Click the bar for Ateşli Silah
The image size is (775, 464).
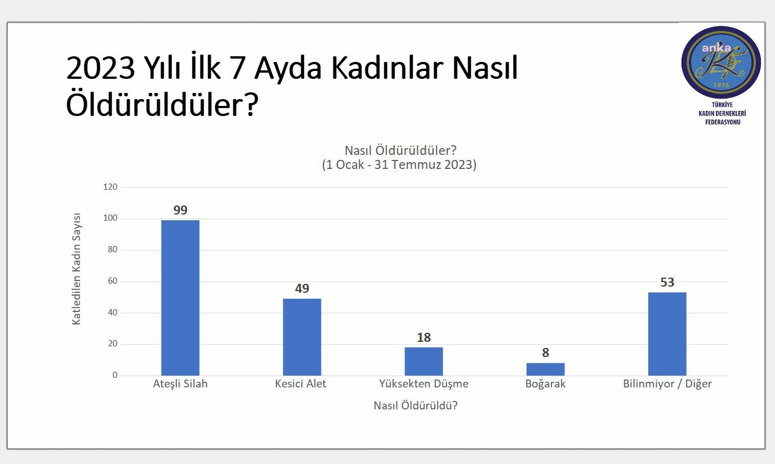[180, 297]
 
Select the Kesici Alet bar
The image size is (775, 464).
[302, 337]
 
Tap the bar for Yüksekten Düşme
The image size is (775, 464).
[424, 362]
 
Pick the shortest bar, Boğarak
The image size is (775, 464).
[546, 369]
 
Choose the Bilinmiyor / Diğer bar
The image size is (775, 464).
[667, 334]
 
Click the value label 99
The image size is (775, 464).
[180, 210]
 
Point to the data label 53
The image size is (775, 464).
[667, 282]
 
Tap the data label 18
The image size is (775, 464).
[424, 337]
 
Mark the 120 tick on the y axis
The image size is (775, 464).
[110, 187]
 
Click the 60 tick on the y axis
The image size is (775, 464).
[113, 281]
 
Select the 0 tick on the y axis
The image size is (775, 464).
[115, 375]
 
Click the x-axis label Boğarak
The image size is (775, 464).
[545, 384]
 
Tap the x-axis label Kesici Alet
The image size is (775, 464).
[300, 383]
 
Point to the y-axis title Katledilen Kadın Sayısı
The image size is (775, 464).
[76, 269]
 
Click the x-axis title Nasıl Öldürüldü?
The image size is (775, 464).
[416, 405]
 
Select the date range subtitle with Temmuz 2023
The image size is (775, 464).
[399, 164]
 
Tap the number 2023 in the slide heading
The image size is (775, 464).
[100, 68]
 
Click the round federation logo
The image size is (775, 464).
[721, 63]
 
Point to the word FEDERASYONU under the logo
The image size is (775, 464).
[723, 122]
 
